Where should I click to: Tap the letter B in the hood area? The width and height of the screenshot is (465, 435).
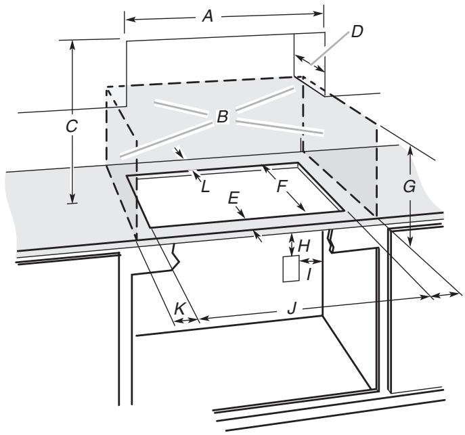click(222, 117)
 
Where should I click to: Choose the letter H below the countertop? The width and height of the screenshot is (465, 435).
click(304, 242)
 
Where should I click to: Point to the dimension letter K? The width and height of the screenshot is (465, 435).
click(179, 308)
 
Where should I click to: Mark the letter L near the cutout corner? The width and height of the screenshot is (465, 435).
click(205, 185)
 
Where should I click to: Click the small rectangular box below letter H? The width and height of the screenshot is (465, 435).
click(290, 268)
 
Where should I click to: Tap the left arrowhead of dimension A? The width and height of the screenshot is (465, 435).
click(127, 19)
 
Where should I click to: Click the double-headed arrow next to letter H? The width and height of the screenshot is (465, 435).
click(291, 242)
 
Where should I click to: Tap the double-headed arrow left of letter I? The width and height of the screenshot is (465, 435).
click(304, 260)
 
